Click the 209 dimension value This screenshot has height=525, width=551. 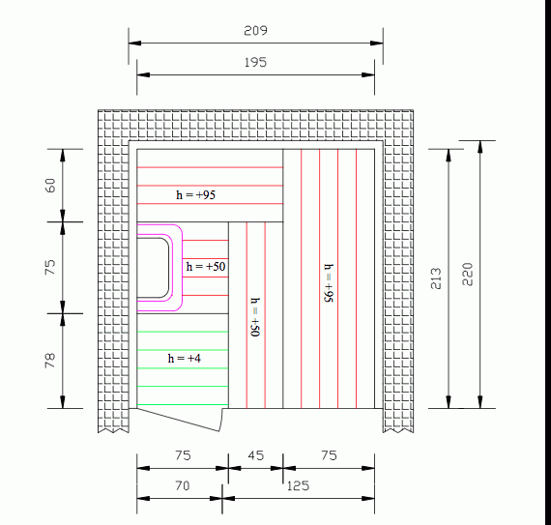255,31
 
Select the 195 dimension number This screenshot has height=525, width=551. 255,62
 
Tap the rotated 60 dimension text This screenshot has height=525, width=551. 50,186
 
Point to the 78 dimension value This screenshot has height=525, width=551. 50,361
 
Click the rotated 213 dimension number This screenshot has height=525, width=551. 436,278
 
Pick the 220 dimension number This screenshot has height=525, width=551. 468,274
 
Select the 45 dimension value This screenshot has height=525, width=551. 255,455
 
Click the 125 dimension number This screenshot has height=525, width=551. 298,486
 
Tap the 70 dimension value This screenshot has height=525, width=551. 183,485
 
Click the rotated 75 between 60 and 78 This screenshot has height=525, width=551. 50,267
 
